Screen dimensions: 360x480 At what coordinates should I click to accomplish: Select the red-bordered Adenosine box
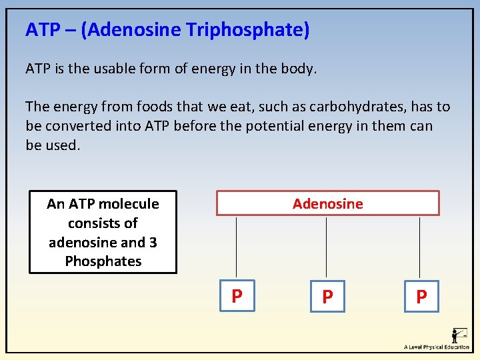[x=327, y=203]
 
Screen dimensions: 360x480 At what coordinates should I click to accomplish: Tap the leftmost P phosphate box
[x=237, y=296]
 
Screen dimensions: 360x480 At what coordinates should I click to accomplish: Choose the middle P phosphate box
[x=327, y=297]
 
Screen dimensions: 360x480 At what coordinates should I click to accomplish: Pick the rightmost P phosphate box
[x=421, y=297]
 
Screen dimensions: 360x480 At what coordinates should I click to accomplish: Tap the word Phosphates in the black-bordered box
[x=103, y=261]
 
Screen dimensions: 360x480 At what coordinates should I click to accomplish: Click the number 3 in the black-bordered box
[x=153, y=242]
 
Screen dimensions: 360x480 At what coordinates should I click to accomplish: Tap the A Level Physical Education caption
[x=437, y=347]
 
